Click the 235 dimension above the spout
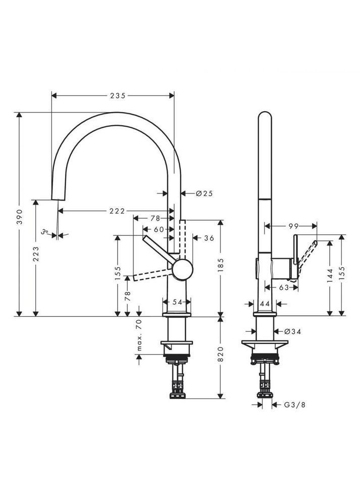click(118, 95)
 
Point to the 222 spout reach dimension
click(117, 211)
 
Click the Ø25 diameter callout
click(204, 193)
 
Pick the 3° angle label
click(46, 232)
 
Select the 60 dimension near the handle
click(159, 229)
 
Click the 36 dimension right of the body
click(209, 238)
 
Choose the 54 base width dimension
click(177, 302)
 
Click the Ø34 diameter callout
click(292, 331)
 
